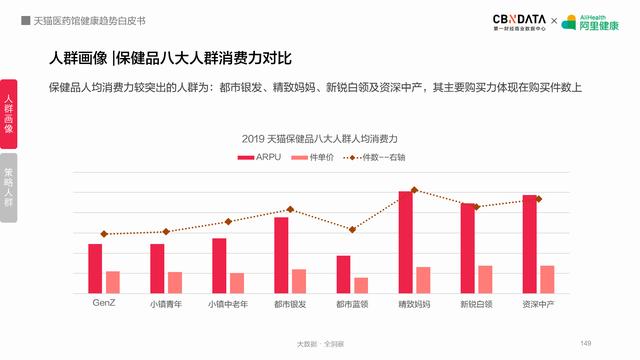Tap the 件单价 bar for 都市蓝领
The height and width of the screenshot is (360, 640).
coord(361,285)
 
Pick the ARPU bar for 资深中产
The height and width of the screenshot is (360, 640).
coord(530,244)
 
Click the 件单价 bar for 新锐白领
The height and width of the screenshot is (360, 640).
coord(485,279)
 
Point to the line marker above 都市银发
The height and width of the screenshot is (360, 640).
coord(291,209)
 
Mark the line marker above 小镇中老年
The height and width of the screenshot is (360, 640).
coord(228,221)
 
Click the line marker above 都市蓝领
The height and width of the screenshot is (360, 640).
coord(352,229)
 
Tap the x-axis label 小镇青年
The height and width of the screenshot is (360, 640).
coord(166,303)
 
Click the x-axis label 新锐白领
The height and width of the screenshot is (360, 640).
coord(476,303)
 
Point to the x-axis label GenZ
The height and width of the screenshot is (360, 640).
coord(104,302)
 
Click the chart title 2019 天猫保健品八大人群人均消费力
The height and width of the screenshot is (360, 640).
coord(320,137)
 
